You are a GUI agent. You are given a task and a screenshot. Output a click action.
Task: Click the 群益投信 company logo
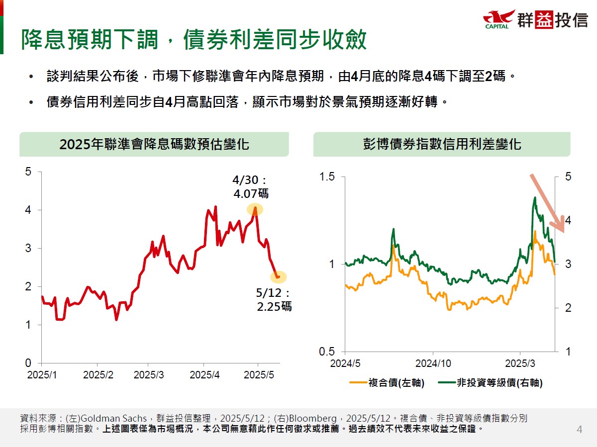[x=535, y=20]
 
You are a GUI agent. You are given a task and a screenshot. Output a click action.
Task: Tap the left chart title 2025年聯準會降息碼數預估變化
[x=154, y=145]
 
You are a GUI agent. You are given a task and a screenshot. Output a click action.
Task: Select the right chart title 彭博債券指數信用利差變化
[x=442, y=145]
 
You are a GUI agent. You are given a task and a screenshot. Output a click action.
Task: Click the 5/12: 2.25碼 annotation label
[x=274, y=300]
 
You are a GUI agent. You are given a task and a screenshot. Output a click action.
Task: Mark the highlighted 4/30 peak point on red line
[x=255, y=209]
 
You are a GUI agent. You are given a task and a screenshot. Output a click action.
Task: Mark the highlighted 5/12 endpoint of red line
[x=278, y=277]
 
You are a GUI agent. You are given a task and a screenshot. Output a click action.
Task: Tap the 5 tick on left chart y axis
[x=28, y=172]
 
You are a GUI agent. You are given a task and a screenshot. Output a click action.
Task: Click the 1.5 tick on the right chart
[x=327, y=177]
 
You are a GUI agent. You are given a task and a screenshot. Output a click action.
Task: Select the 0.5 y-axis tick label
[x=327, y=352]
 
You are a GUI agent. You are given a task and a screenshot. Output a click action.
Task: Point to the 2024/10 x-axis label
[x=433, y=364]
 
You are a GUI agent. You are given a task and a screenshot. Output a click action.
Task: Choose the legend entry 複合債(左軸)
[x=388, y=383]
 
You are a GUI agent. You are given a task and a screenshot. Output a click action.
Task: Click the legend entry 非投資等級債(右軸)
[x=490, y=383]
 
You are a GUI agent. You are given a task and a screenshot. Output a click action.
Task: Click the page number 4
[x=579, y=430]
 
